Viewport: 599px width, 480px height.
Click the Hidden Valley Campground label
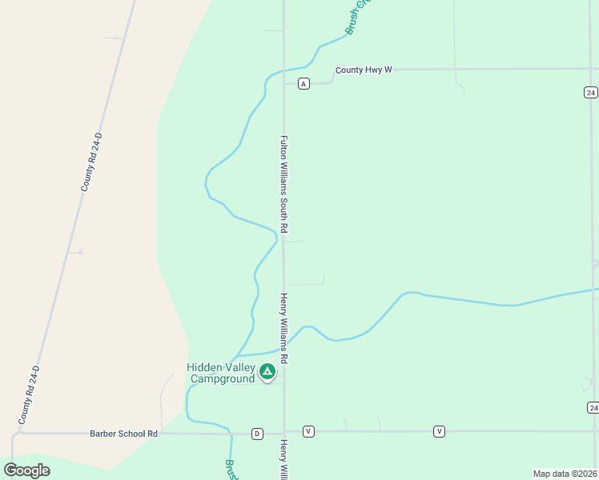221,373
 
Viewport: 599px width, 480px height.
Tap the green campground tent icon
267,371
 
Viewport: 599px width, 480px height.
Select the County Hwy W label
364,70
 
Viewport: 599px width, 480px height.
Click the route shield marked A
304,83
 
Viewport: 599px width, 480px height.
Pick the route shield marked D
257,434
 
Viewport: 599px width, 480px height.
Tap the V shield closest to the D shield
309,431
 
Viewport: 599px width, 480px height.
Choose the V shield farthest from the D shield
439,431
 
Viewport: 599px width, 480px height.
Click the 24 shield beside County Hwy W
590,92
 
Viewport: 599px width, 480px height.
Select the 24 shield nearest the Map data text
592,407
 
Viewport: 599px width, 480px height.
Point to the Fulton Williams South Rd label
283,184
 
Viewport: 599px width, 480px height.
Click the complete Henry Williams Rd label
283,329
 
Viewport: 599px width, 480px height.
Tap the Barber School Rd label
124,434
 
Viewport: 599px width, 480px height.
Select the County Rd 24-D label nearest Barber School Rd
29,395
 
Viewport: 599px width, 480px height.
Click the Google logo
27,470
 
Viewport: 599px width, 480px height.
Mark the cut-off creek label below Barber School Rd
229,469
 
